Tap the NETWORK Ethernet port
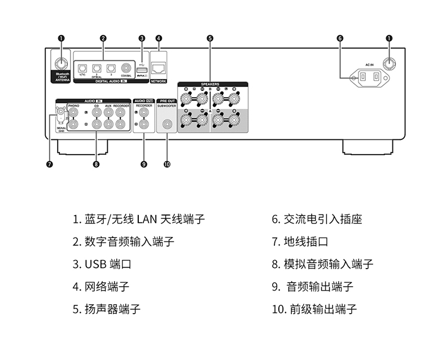tap(159, 68)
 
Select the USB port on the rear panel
tap(142, 69)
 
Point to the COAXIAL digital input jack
tap(126, 66)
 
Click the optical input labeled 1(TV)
tap(82, 66)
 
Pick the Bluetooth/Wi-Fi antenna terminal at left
tap(60, 61)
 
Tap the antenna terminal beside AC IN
tap(388, 63)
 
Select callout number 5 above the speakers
tap(210, 38)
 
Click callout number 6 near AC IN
tap(340, 38)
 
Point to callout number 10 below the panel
tap(167, 164)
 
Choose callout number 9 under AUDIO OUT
tap(143, 164)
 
